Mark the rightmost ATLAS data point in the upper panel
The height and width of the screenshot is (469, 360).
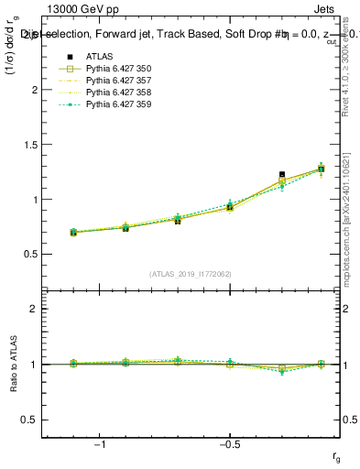point(321,169)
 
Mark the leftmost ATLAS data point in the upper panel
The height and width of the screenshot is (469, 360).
point(73,233)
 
